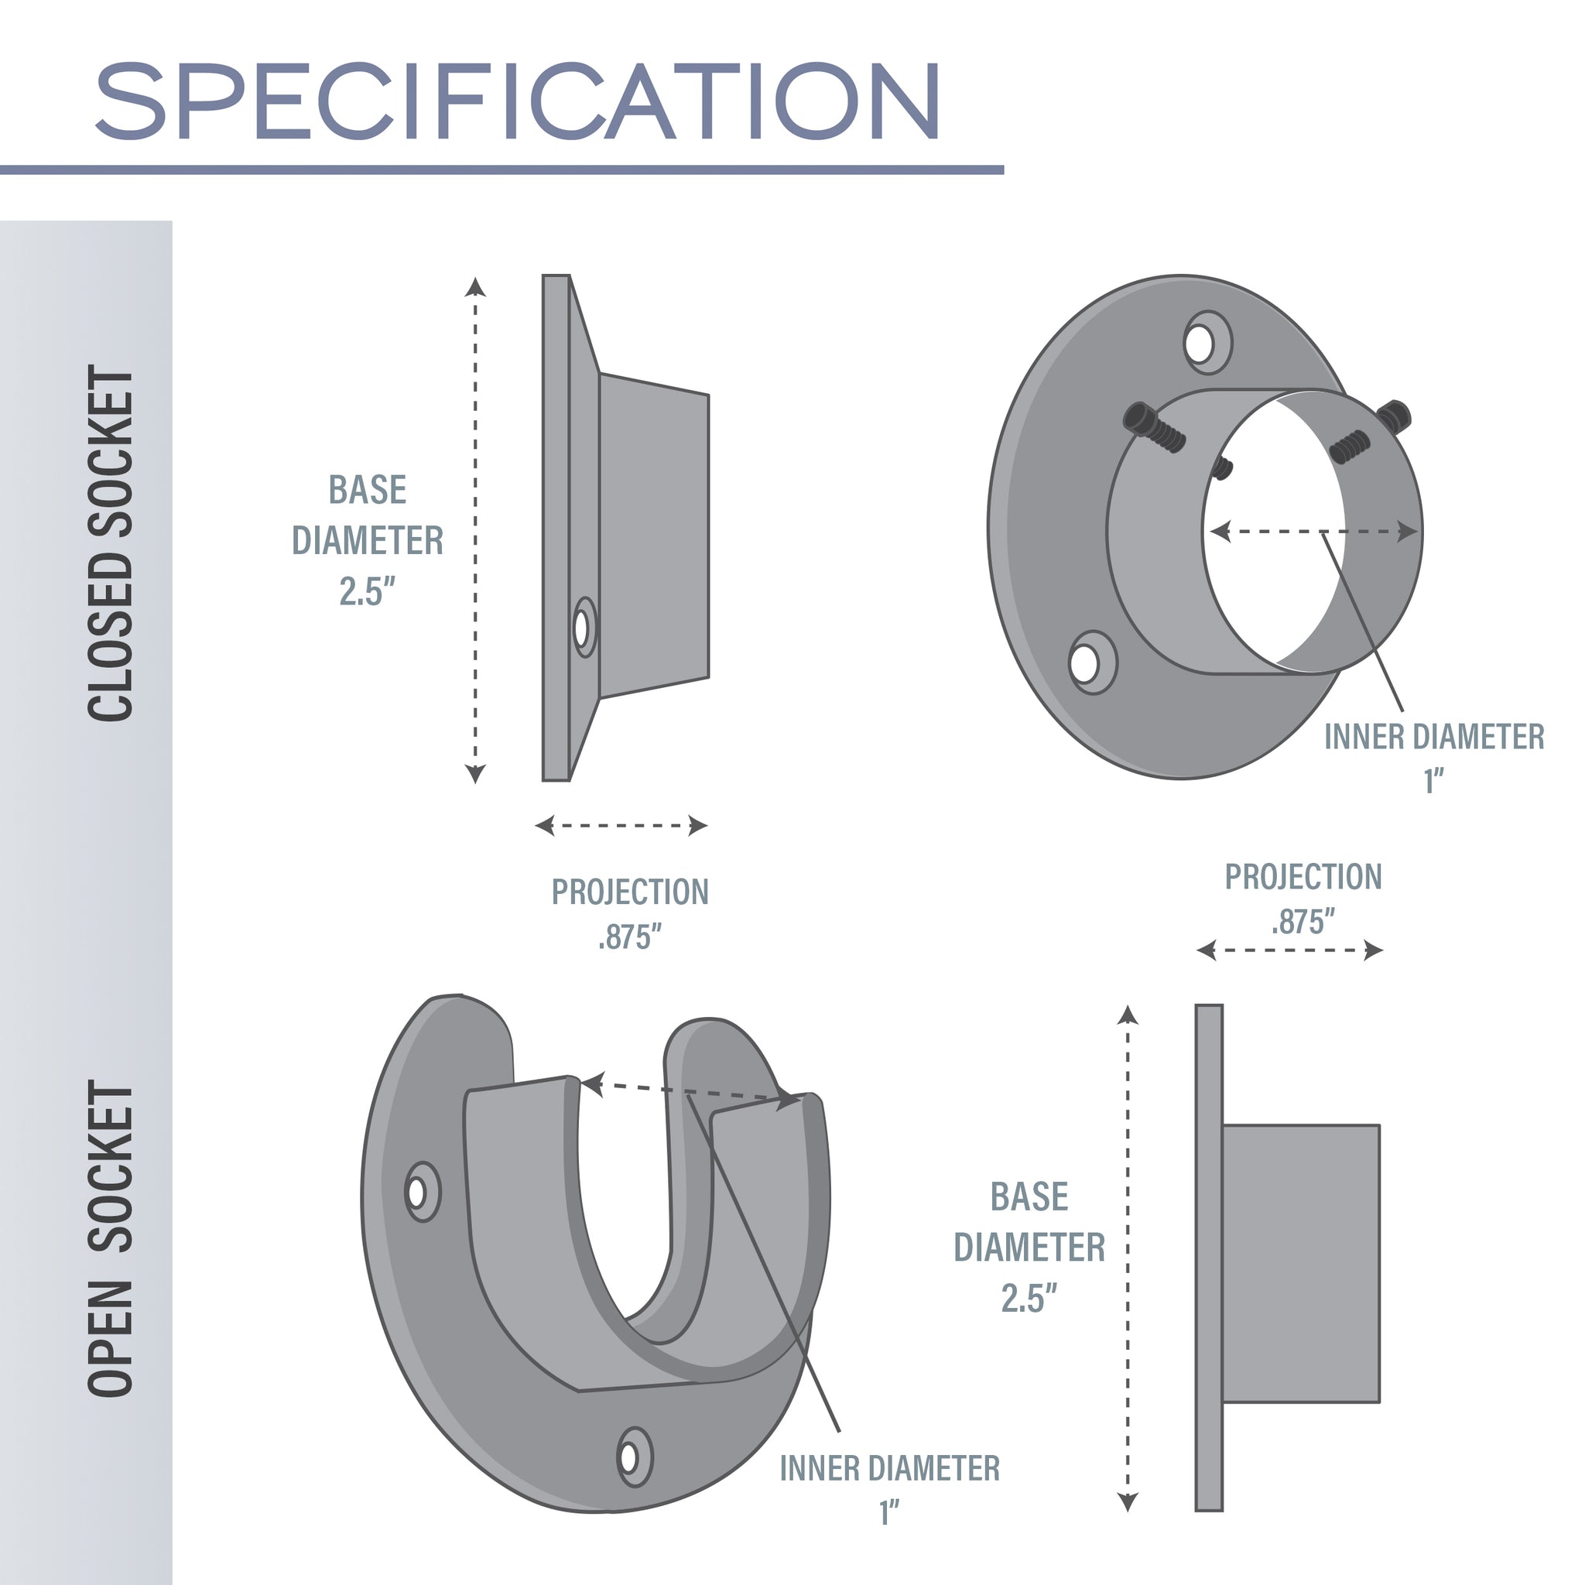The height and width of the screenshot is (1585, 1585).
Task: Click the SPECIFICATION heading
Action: click(x=517, y=101)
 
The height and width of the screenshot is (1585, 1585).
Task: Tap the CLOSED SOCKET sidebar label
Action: click(x=110, y=543)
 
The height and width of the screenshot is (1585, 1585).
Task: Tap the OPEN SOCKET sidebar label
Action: click(x=110, y=1239)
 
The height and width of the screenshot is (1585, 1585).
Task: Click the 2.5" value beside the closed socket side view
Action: click(x=368, y=591)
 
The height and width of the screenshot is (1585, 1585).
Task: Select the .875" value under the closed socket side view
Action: click(x=629, y=936)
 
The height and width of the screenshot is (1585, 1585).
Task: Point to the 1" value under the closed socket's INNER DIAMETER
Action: click(x=1433, y=780)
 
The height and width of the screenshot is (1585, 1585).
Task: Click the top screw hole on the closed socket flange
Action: click(x=1200, y=344)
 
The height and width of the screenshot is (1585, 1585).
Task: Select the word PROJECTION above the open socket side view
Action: click(x=1303, y=877)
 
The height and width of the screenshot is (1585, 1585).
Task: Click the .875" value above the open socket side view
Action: click(x=1303, y=922)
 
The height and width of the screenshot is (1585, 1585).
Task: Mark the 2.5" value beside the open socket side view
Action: click(x=1029, y=1299)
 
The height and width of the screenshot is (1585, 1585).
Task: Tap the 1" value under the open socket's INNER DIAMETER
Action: click(x=889, y=1512)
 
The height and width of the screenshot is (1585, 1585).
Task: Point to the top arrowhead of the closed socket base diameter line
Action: click(x=475, y=286)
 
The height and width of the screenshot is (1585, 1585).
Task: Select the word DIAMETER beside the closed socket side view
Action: click(x=368, y=541)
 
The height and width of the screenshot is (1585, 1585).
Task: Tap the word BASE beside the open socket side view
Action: click(x=1029, y=1197)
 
